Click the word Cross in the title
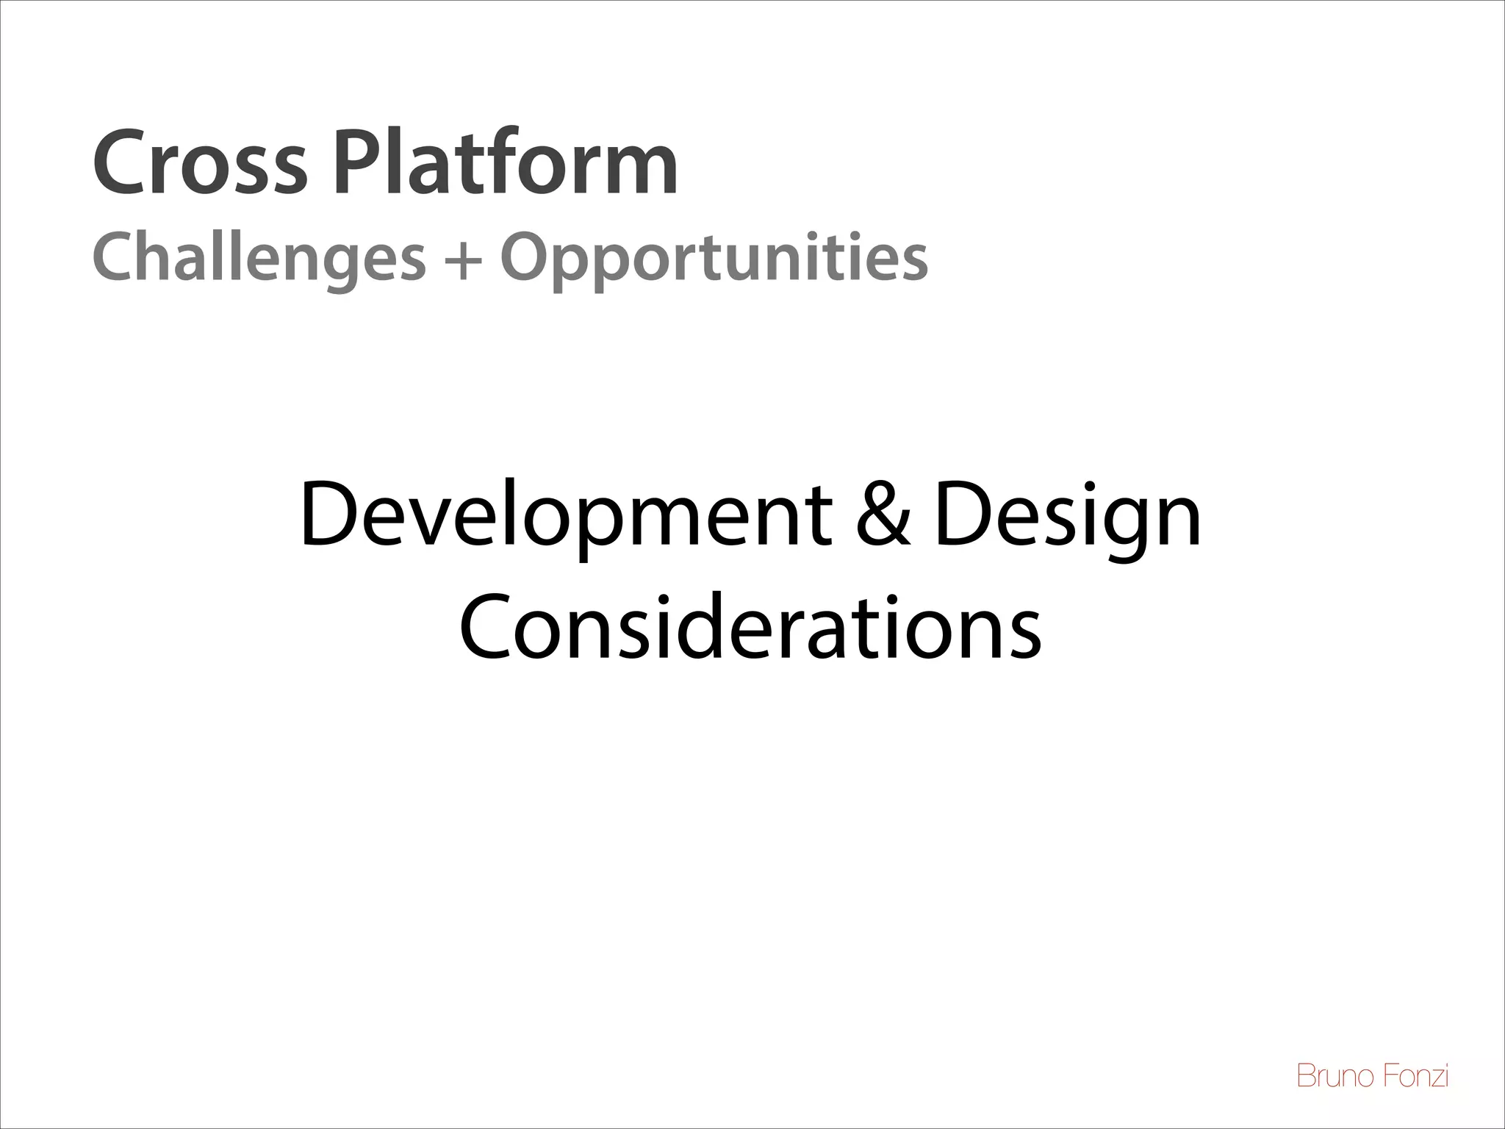pyautogui.click(x=198, y=163)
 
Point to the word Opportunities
pyautogui.click(x=714, y=259)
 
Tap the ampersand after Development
pyautogui.click(x=883, y=515)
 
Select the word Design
pyautogui.click(x=1067, y=515)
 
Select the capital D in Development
pyautogui.click(x=328, y=515)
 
